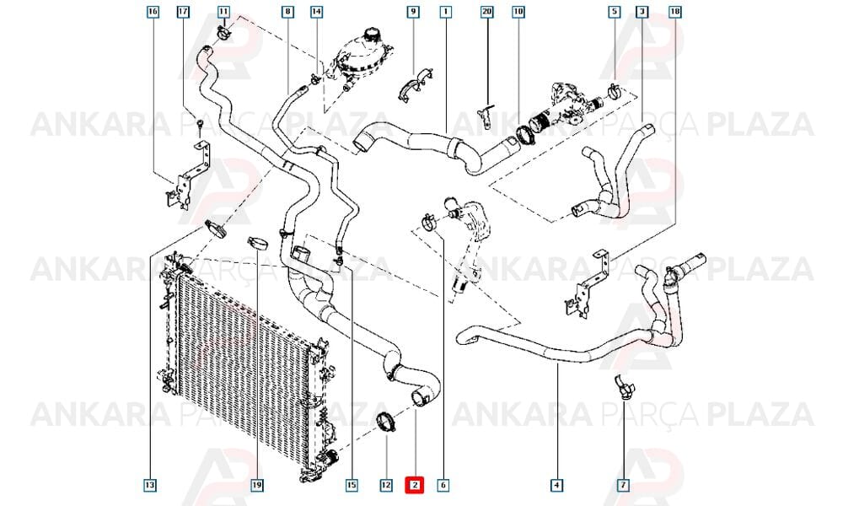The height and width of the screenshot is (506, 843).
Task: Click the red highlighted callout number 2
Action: pyautogui.click(x=415, y=485)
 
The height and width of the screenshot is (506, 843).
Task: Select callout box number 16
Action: pyautogui.click(x=153, y=11)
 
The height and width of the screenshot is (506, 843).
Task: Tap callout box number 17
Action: pyautogui.click(x=183, y=11)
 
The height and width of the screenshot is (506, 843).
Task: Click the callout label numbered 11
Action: pyautogui.click(x=223, y=11)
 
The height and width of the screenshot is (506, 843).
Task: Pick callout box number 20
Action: pyautogui.click(x=486, y=11)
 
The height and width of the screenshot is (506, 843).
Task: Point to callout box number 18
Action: pyautogui.click(x=675, y=11)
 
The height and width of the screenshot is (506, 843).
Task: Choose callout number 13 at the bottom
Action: pyautogui.click(x=150, y=485)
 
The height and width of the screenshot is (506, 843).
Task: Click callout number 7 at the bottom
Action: pyautogui.click(x=623, y=485)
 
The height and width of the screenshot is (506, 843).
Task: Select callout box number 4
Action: pyautogui.click(x=557, y=485)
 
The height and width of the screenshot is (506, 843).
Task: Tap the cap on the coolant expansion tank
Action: pyautogui.click(x=370, y=35)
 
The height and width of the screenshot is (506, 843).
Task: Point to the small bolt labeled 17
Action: pyautogui.click(x=200, y=125)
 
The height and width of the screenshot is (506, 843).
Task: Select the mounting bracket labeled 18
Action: pyautogui.click(x=587, y=285)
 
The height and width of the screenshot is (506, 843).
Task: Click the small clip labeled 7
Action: pyautogui.click(x=625, y=386)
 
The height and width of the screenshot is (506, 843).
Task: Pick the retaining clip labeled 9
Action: pyautogui.click(x=416, y=85)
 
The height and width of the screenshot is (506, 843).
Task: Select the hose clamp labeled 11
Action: pyautogui.click(x=223, y=34)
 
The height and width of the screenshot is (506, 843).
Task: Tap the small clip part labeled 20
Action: pyautogui.click(x=486, y=116)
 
